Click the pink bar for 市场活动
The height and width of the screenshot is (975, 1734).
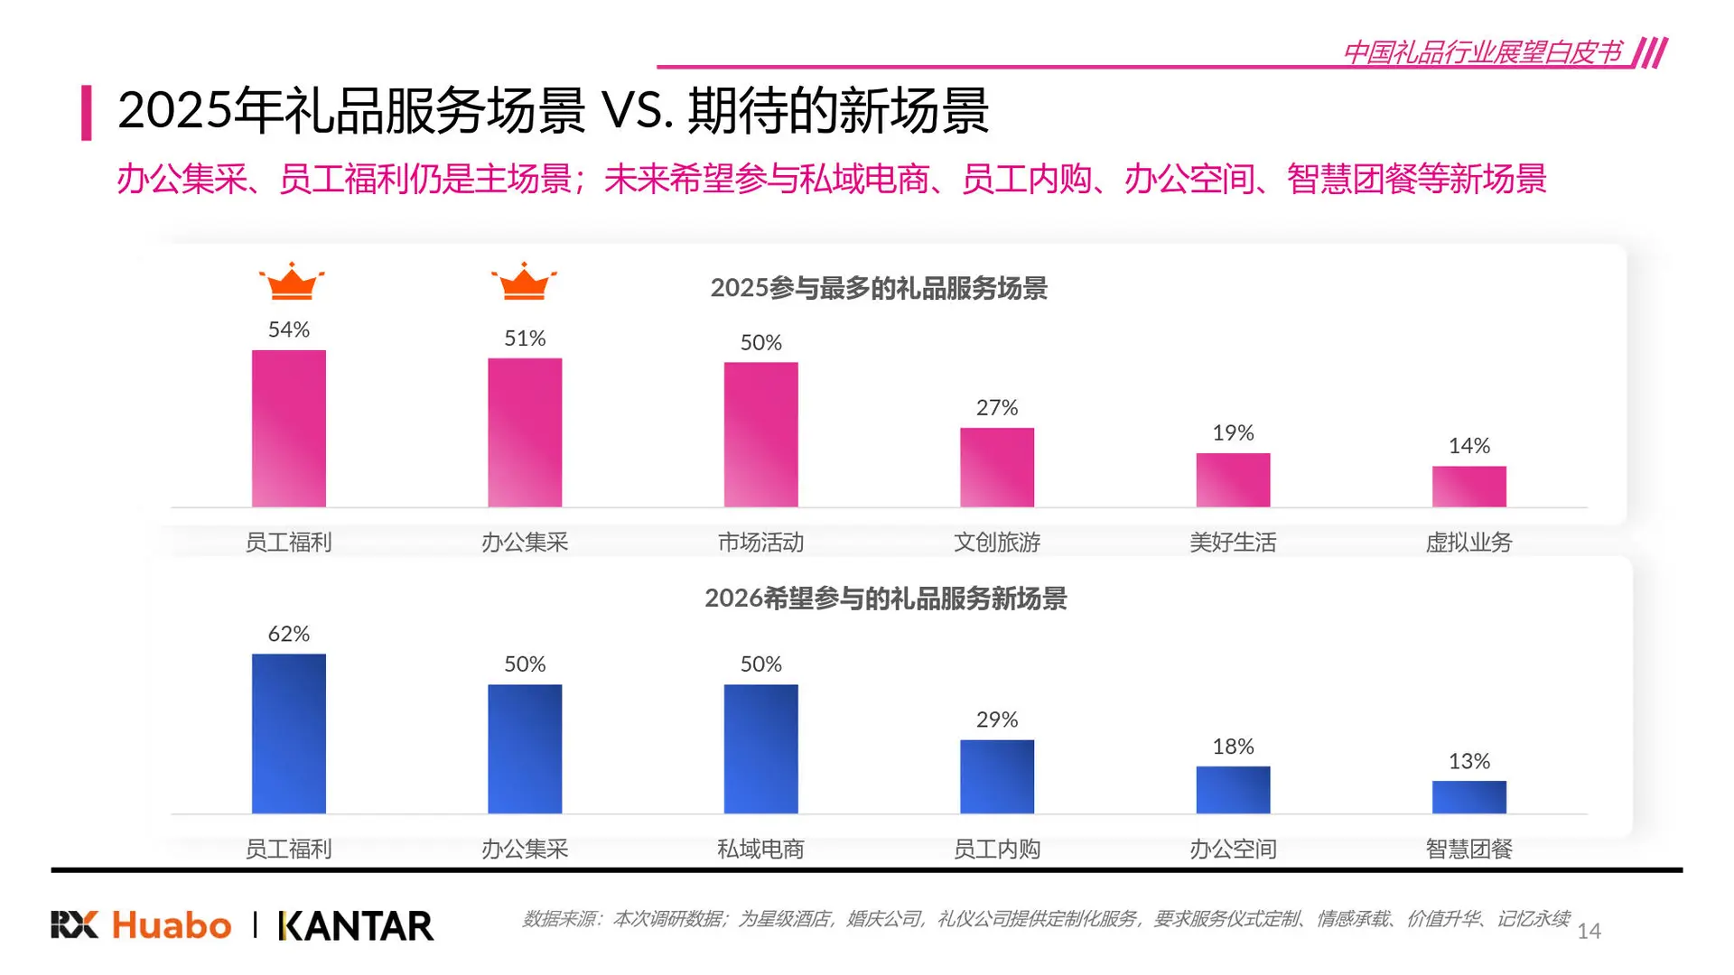coord(760,434)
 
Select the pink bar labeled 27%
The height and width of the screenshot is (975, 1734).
coord(996,467)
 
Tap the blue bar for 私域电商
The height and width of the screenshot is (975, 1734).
coord(760,748)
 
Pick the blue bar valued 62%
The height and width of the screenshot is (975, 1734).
coord(288,733)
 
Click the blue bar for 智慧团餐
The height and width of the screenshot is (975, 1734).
coord(1468,796)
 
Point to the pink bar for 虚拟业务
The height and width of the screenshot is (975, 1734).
coord(1468,486)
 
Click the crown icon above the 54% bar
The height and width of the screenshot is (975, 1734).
coord(291,282)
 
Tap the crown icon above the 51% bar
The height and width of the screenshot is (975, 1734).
coord(524,282)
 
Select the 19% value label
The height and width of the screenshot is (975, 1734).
coord(1233,433)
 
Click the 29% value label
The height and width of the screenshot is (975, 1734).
coord(996,720)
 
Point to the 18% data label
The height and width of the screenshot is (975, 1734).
coord(1233,747)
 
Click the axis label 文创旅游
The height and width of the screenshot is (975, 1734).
coord(996,542)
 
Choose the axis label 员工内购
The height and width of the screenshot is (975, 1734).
coord(996,849)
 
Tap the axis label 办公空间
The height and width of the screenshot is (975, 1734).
coord(1233,849)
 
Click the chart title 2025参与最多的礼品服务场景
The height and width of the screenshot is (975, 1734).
coord(878,288)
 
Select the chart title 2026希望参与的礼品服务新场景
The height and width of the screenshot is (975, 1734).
coord(885,598)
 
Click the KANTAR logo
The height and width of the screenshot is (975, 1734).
coord(357,926)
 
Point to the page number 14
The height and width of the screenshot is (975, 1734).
coord(1589,931)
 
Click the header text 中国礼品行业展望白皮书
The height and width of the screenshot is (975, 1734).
coord(1482,51)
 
